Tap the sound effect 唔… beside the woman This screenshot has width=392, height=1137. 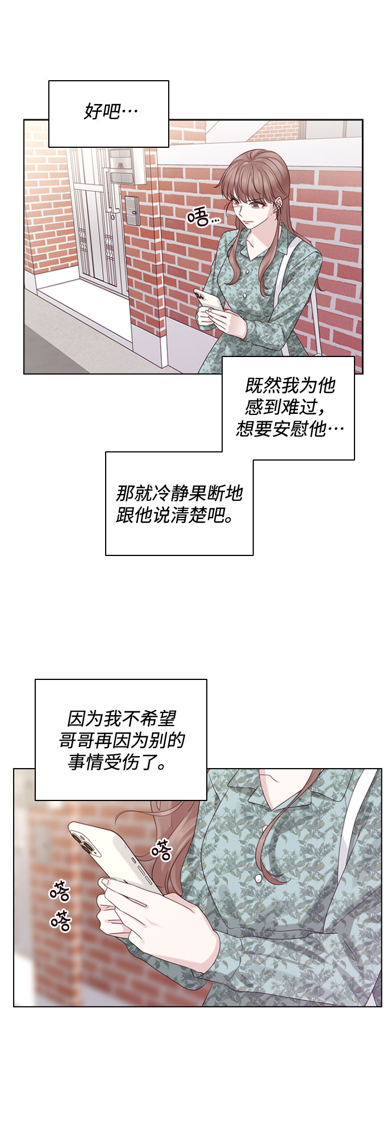point(203,217)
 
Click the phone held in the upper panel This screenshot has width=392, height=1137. point(208,301)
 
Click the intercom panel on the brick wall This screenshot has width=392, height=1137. point(133,210)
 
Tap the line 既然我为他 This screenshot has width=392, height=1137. point(290,386)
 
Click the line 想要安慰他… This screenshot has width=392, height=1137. point(290,428)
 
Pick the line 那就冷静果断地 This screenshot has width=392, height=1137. point(179,492)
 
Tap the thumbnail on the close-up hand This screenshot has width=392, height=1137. point(108,882)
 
